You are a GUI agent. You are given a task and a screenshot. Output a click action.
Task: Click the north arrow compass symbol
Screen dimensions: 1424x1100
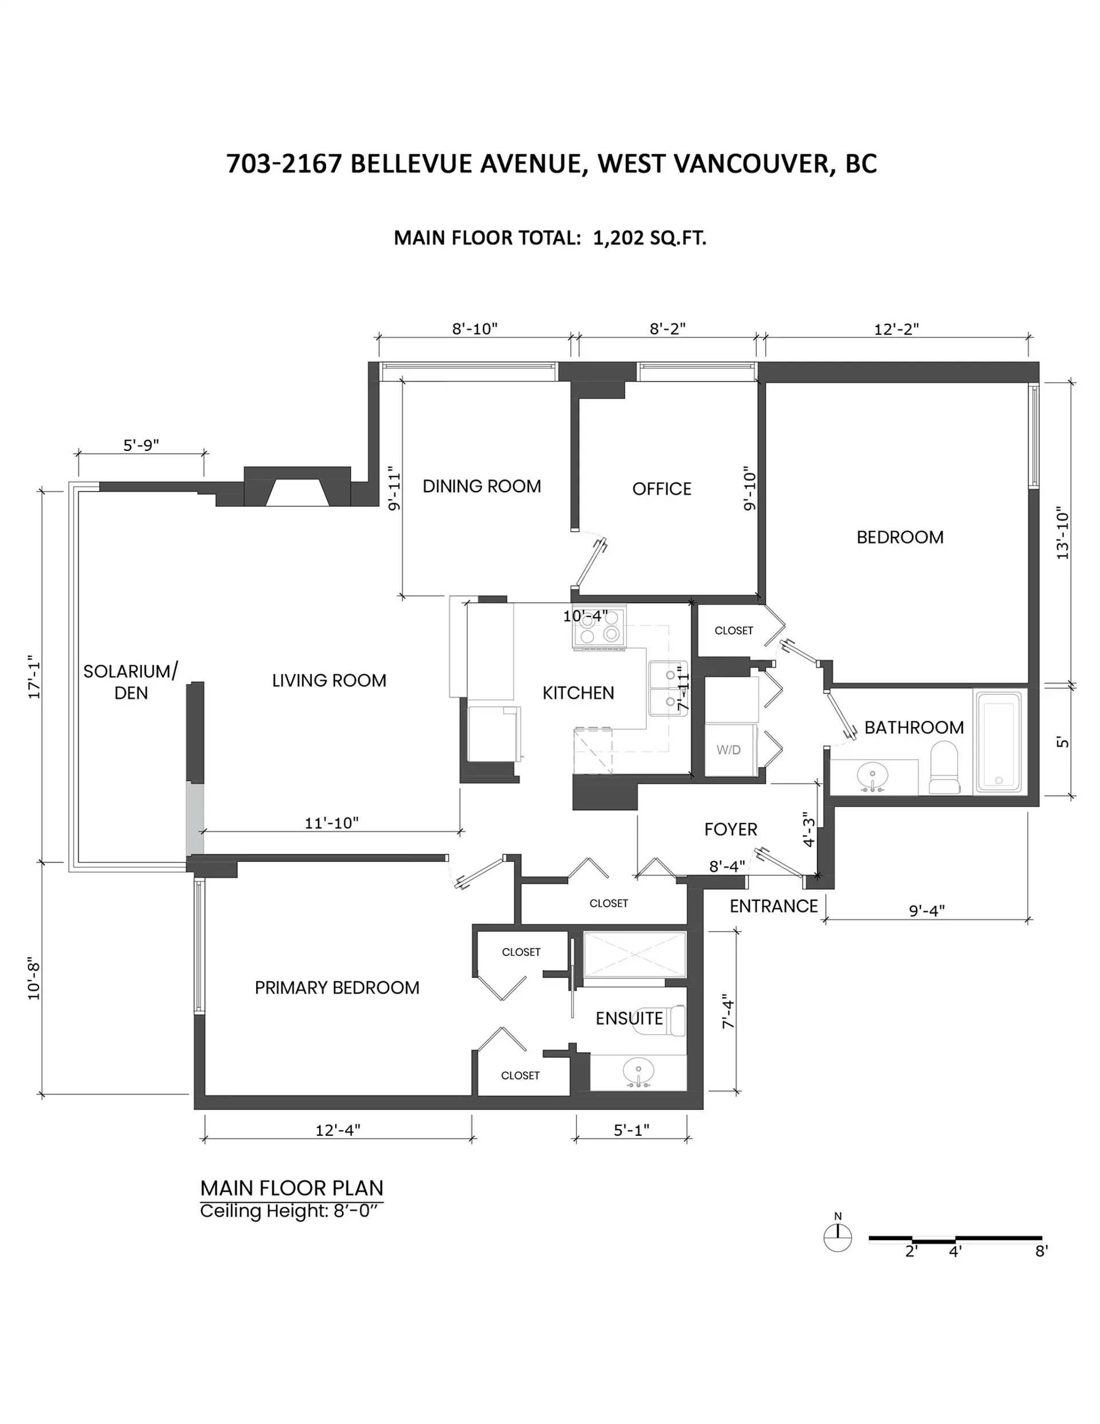click(837, 1236)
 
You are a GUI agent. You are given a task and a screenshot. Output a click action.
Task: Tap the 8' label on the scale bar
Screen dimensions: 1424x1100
click(1042, 1251)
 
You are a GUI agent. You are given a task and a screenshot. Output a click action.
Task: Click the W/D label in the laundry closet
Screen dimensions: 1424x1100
click(728, 750)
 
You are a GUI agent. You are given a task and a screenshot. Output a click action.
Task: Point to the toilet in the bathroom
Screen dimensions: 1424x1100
click(944, 767)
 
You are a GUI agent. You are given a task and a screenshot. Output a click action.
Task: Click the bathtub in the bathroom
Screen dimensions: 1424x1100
click(997, 741)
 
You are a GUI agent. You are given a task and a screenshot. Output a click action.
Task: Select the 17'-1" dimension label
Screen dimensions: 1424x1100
click(34, 677)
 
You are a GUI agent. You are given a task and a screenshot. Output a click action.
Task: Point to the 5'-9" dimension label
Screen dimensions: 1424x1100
click(141, 445)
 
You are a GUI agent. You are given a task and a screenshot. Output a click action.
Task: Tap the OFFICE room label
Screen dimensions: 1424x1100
click(661, 489)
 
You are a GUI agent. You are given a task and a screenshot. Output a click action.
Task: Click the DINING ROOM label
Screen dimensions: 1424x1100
click(481, 487)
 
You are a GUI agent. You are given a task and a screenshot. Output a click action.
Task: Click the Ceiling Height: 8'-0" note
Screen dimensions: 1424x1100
click(289, 1211)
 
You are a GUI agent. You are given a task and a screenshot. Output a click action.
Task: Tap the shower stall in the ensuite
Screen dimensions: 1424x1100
click(634, 955)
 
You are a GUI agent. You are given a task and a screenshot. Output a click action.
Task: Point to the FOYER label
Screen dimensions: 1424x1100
click(730, 829)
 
